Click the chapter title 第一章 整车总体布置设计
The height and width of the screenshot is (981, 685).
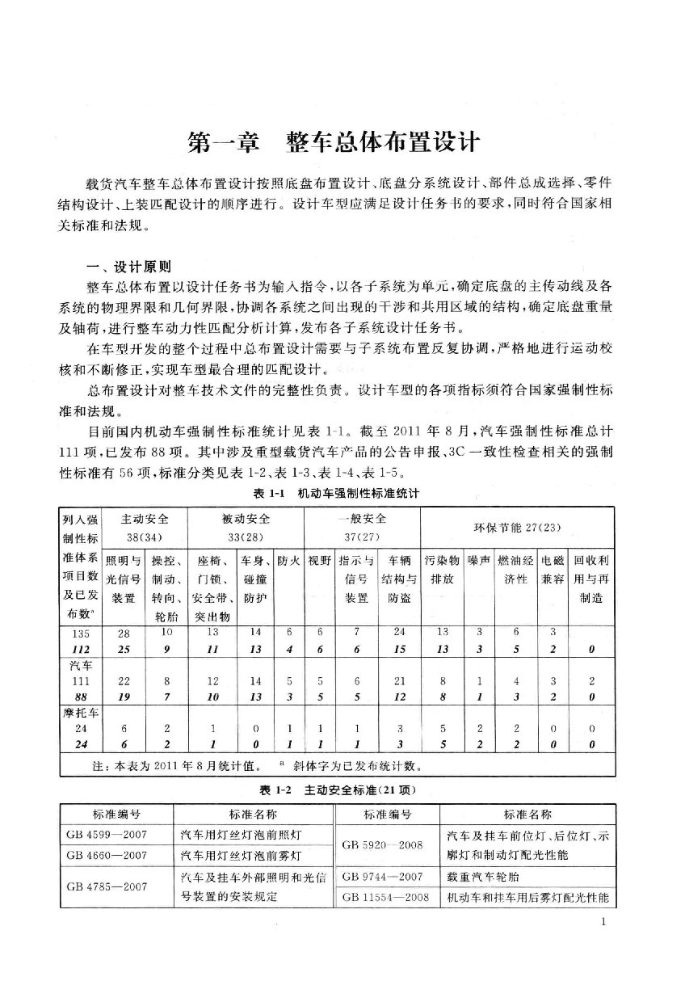click(x=334, y=144)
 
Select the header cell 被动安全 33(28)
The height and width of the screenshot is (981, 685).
click(x=246, y=527)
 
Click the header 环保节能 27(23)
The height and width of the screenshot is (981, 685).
click(x=517, y=528)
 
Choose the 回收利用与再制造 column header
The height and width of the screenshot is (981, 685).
click(x=592, y=579)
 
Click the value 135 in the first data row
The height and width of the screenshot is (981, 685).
click(x=79, y=633)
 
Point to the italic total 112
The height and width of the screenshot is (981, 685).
click(x=79, y=650)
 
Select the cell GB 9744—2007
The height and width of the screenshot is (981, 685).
click(x=383, y=876)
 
